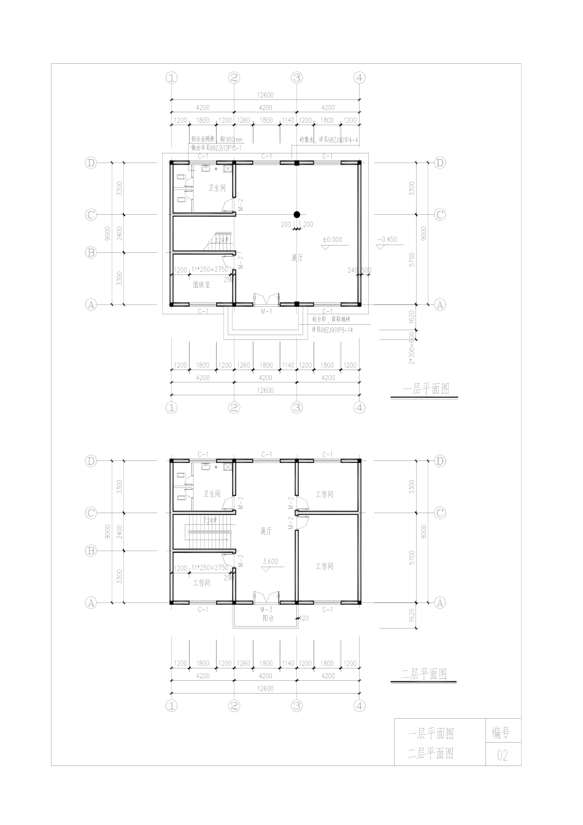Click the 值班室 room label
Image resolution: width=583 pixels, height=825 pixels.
click(x=201, y=285)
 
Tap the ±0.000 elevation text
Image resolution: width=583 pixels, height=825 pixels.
click(x=332, y=240)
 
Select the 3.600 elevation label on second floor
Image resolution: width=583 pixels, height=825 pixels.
click(x=269, y=561)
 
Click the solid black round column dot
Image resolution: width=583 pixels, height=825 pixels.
click(x=296, y=214)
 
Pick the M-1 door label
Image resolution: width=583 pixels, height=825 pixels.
click(x=266, y=312)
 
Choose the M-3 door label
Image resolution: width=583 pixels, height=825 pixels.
click(x=266, y=610)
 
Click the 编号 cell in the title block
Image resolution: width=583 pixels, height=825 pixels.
click(x=503, y=732)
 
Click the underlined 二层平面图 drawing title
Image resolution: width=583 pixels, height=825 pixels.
click(x=424, y=674)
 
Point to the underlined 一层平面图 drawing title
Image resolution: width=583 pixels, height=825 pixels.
click(x=426, y=389)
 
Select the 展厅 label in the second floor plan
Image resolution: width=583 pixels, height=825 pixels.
click(x=266, y=531)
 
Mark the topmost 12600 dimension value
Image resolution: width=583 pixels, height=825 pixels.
click(x=265, y=95)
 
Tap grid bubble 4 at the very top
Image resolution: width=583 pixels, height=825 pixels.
click(x=360, y=77)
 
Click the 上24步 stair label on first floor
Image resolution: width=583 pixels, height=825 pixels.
click(x=221, y=239)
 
